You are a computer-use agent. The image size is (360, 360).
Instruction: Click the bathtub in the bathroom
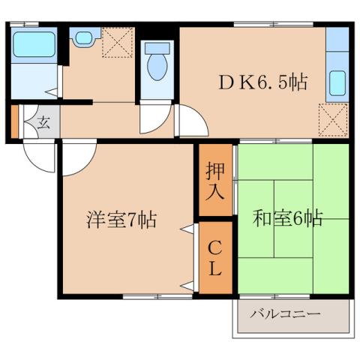tap(35, 44)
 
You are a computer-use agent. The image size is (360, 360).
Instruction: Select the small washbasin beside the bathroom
tap(82, 36)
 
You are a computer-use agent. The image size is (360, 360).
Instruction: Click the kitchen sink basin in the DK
tap(337, 83)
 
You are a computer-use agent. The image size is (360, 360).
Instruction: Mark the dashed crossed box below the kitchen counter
tap(332, 118)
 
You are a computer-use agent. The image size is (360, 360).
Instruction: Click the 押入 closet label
tap(215, 180)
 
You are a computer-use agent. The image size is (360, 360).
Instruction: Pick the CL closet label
tap(215, 256)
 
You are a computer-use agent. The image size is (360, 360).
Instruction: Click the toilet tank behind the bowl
tap(157, 47)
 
